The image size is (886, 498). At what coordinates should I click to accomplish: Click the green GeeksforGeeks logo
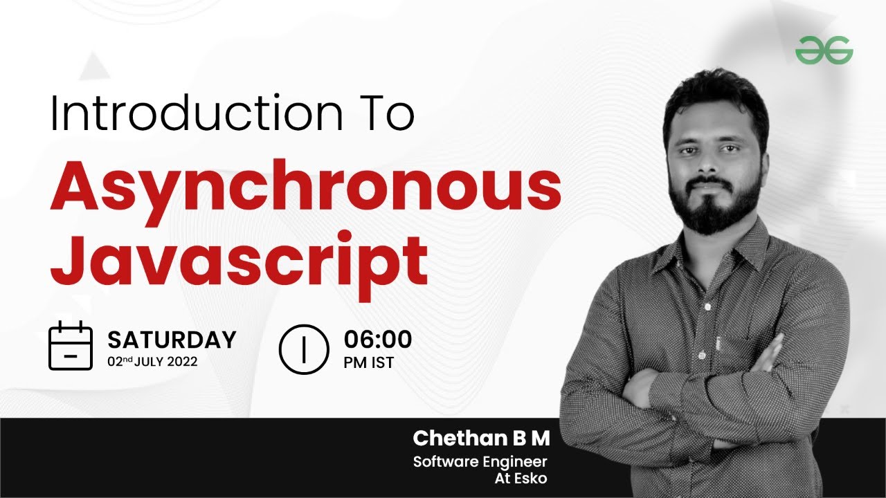click(824, 50)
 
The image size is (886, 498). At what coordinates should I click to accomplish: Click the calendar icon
click(70, 345)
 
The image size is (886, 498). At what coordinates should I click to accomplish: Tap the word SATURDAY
click(172, 340)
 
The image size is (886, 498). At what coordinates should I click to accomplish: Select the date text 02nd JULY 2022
click(152, 361)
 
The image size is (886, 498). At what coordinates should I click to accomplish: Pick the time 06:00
click(377, 340)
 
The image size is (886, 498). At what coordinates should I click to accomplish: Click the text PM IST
click(368, 362)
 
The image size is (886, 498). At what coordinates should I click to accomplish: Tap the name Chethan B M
click(482, 438)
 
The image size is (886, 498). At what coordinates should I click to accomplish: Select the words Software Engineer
click(480, 461)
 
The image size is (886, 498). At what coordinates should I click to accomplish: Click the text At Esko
click(520, 478)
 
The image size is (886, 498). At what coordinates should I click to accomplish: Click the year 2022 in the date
click(182, 361)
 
